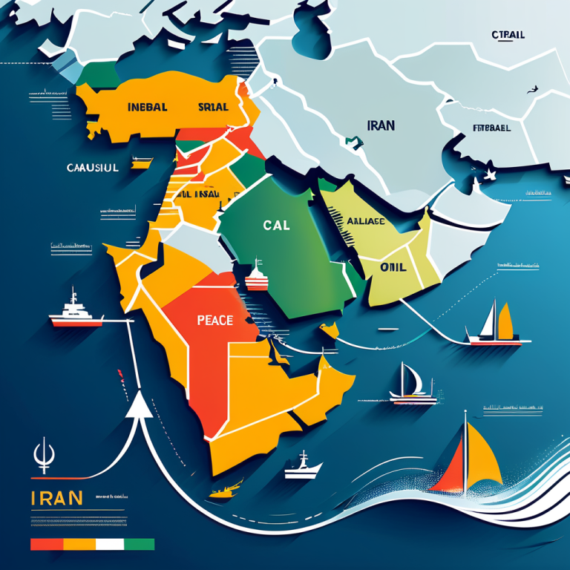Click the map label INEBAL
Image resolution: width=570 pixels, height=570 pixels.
(x=147, y=107)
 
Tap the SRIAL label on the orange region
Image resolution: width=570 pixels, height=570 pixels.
(x=213, y=107)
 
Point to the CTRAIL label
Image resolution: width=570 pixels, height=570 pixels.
(x=508, y=35)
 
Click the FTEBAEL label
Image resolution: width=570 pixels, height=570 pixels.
(x=491, y=128)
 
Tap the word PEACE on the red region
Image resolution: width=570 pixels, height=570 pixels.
(x=215, y=321)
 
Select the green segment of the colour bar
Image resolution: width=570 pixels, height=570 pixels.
(x=139, y=545)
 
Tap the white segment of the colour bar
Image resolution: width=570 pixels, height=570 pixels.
(x=110, y=545)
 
